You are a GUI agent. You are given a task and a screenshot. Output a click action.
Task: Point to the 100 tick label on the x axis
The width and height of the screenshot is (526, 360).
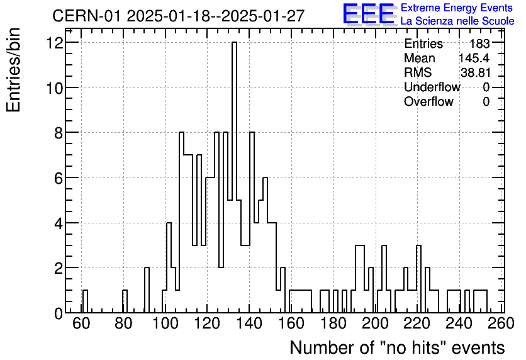coord(165,323)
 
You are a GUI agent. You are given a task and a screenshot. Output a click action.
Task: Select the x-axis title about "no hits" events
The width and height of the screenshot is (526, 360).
coord(397,347)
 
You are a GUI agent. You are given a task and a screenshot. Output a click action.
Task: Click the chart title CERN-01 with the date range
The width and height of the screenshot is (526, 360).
coord(178,16)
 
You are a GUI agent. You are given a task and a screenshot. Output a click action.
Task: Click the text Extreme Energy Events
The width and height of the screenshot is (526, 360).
coord(456,8)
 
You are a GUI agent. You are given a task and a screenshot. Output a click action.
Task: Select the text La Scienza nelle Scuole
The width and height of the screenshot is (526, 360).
coord(457,21)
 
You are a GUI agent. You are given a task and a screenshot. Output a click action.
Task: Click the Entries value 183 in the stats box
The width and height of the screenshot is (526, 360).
coord(479,44)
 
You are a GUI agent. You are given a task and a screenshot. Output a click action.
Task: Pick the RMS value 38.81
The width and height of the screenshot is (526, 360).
coord(476,73)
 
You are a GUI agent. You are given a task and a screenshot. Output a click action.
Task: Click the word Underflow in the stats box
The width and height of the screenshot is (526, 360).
coord(432,87)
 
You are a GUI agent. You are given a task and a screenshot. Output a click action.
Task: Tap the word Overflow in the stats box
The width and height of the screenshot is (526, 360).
coord(428,102)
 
